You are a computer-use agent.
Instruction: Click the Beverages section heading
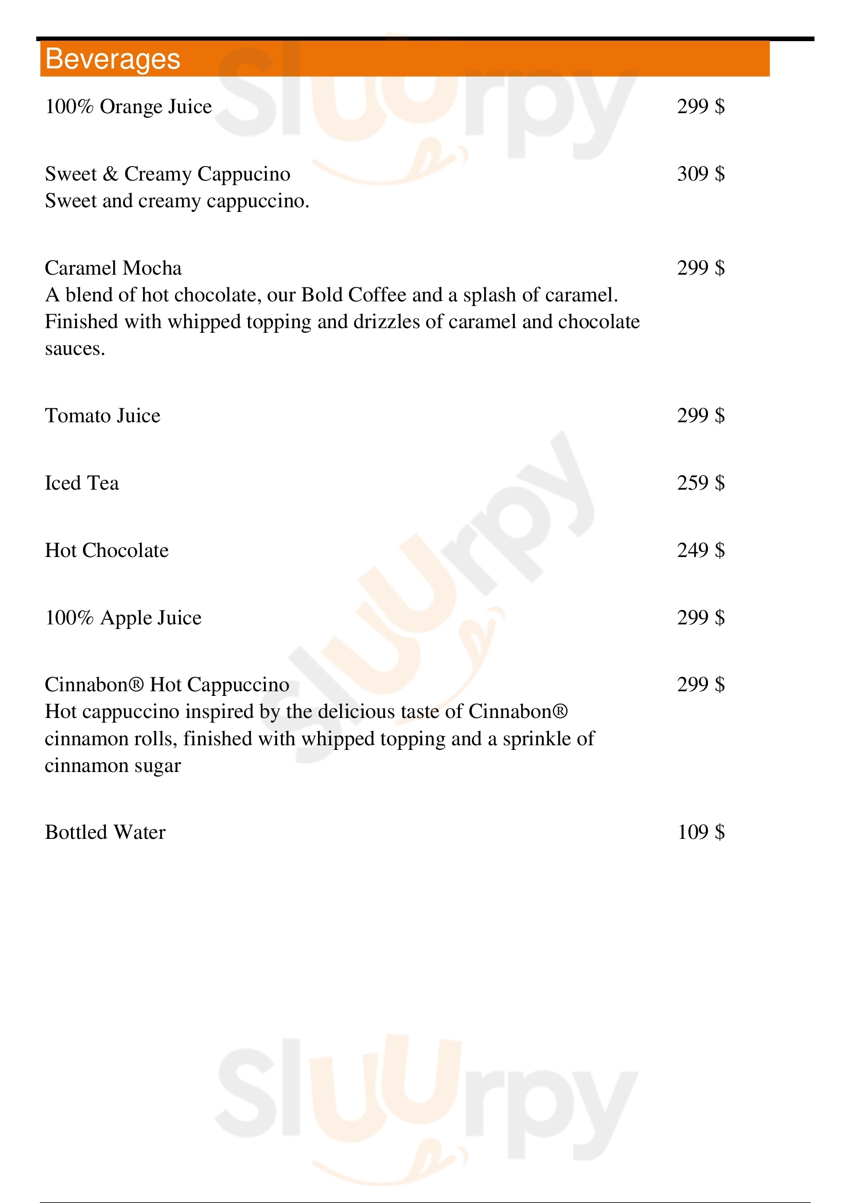click(113, 59)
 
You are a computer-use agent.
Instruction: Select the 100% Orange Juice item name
click(129, 107)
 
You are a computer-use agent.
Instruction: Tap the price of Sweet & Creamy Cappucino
click(701, 174)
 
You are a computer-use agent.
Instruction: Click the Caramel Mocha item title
click(113, 268)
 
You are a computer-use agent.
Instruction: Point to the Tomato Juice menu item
click(103, 416)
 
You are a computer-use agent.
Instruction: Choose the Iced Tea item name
click(82, 483)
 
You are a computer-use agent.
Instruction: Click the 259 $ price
click(701, 483)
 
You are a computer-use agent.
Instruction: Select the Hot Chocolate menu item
click(107, 551)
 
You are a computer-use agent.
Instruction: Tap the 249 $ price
click(701, 550)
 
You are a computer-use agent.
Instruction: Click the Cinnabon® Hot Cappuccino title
click(167, 685)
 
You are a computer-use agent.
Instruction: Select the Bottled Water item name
click(105, 833)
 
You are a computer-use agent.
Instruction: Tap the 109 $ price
click(701, 832)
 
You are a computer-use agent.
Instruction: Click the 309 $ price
click(701, 174)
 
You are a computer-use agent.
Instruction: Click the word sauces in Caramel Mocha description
click(75, 349)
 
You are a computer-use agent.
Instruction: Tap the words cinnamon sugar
click(113, 766)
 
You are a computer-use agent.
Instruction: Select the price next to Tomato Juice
click(701, 416)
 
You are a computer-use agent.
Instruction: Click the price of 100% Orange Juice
click(701, 107)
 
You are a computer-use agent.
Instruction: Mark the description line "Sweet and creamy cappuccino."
click(177, 201)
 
